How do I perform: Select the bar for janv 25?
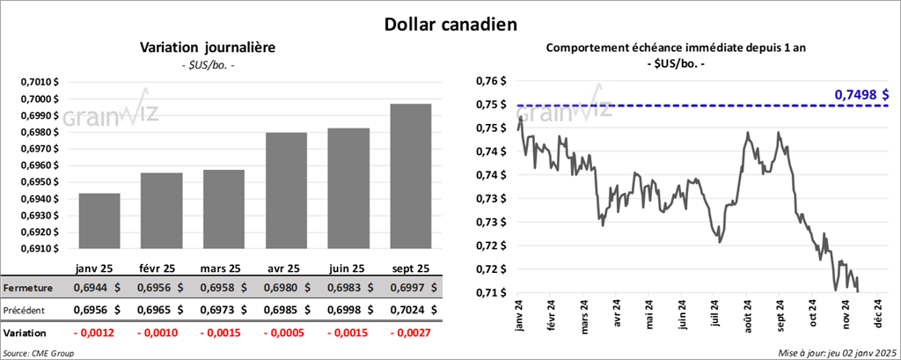point(99,221)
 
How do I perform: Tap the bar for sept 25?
point(412,176)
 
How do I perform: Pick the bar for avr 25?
point(287,190)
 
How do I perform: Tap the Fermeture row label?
point(28,288)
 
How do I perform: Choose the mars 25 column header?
point(221,268)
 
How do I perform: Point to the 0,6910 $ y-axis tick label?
point(40,249)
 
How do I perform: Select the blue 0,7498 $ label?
point(861,94)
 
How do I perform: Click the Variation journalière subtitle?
point(209,48)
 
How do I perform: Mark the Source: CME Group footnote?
point(40,352)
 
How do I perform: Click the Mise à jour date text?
point(836,352)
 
